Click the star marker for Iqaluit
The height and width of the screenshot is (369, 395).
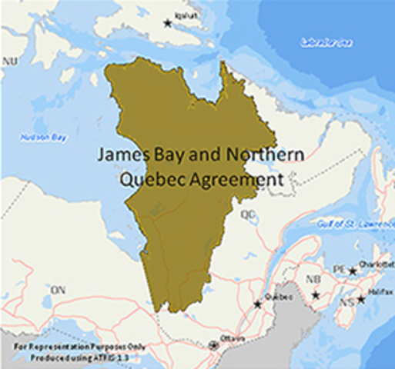168,24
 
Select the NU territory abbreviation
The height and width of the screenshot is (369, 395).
10,60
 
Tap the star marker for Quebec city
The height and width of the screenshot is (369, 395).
258,304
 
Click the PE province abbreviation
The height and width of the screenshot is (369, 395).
337,270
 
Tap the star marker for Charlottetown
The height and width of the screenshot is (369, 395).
353,271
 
